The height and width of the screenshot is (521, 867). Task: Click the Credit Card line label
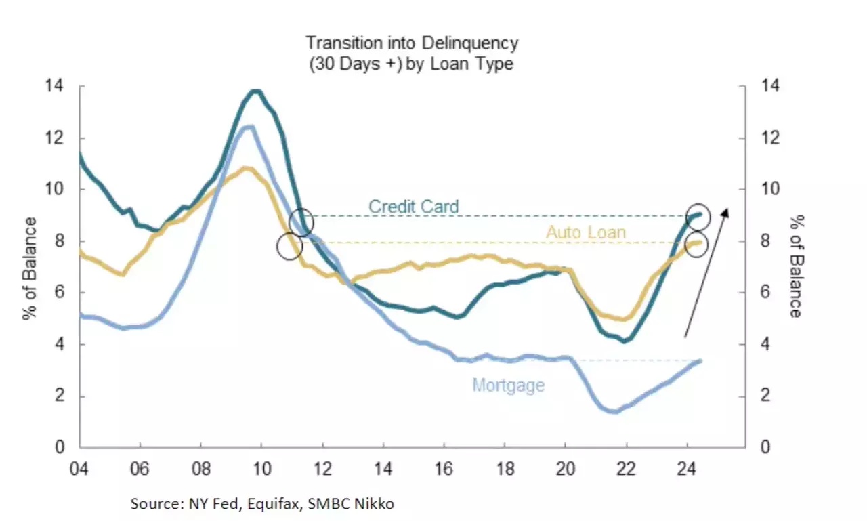413,206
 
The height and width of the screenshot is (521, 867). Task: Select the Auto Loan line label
586,232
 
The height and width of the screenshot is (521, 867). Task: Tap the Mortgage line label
508,385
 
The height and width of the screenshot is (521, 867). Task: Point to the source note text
262,503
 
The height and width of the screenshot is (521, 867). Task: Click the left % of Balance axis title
31,268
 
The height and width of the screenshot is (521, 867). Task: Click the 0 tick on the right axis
766,447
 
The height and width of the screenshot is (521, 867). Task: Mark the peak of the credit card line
255,91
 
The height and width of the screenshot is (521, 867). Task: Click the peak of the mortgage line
249,127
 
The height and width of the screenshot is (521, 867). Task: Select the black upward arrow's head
725,212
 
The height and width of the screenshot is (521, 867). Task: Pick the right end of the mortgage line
700,361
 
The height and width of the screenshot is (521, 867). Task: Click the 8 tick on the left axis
59,241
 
